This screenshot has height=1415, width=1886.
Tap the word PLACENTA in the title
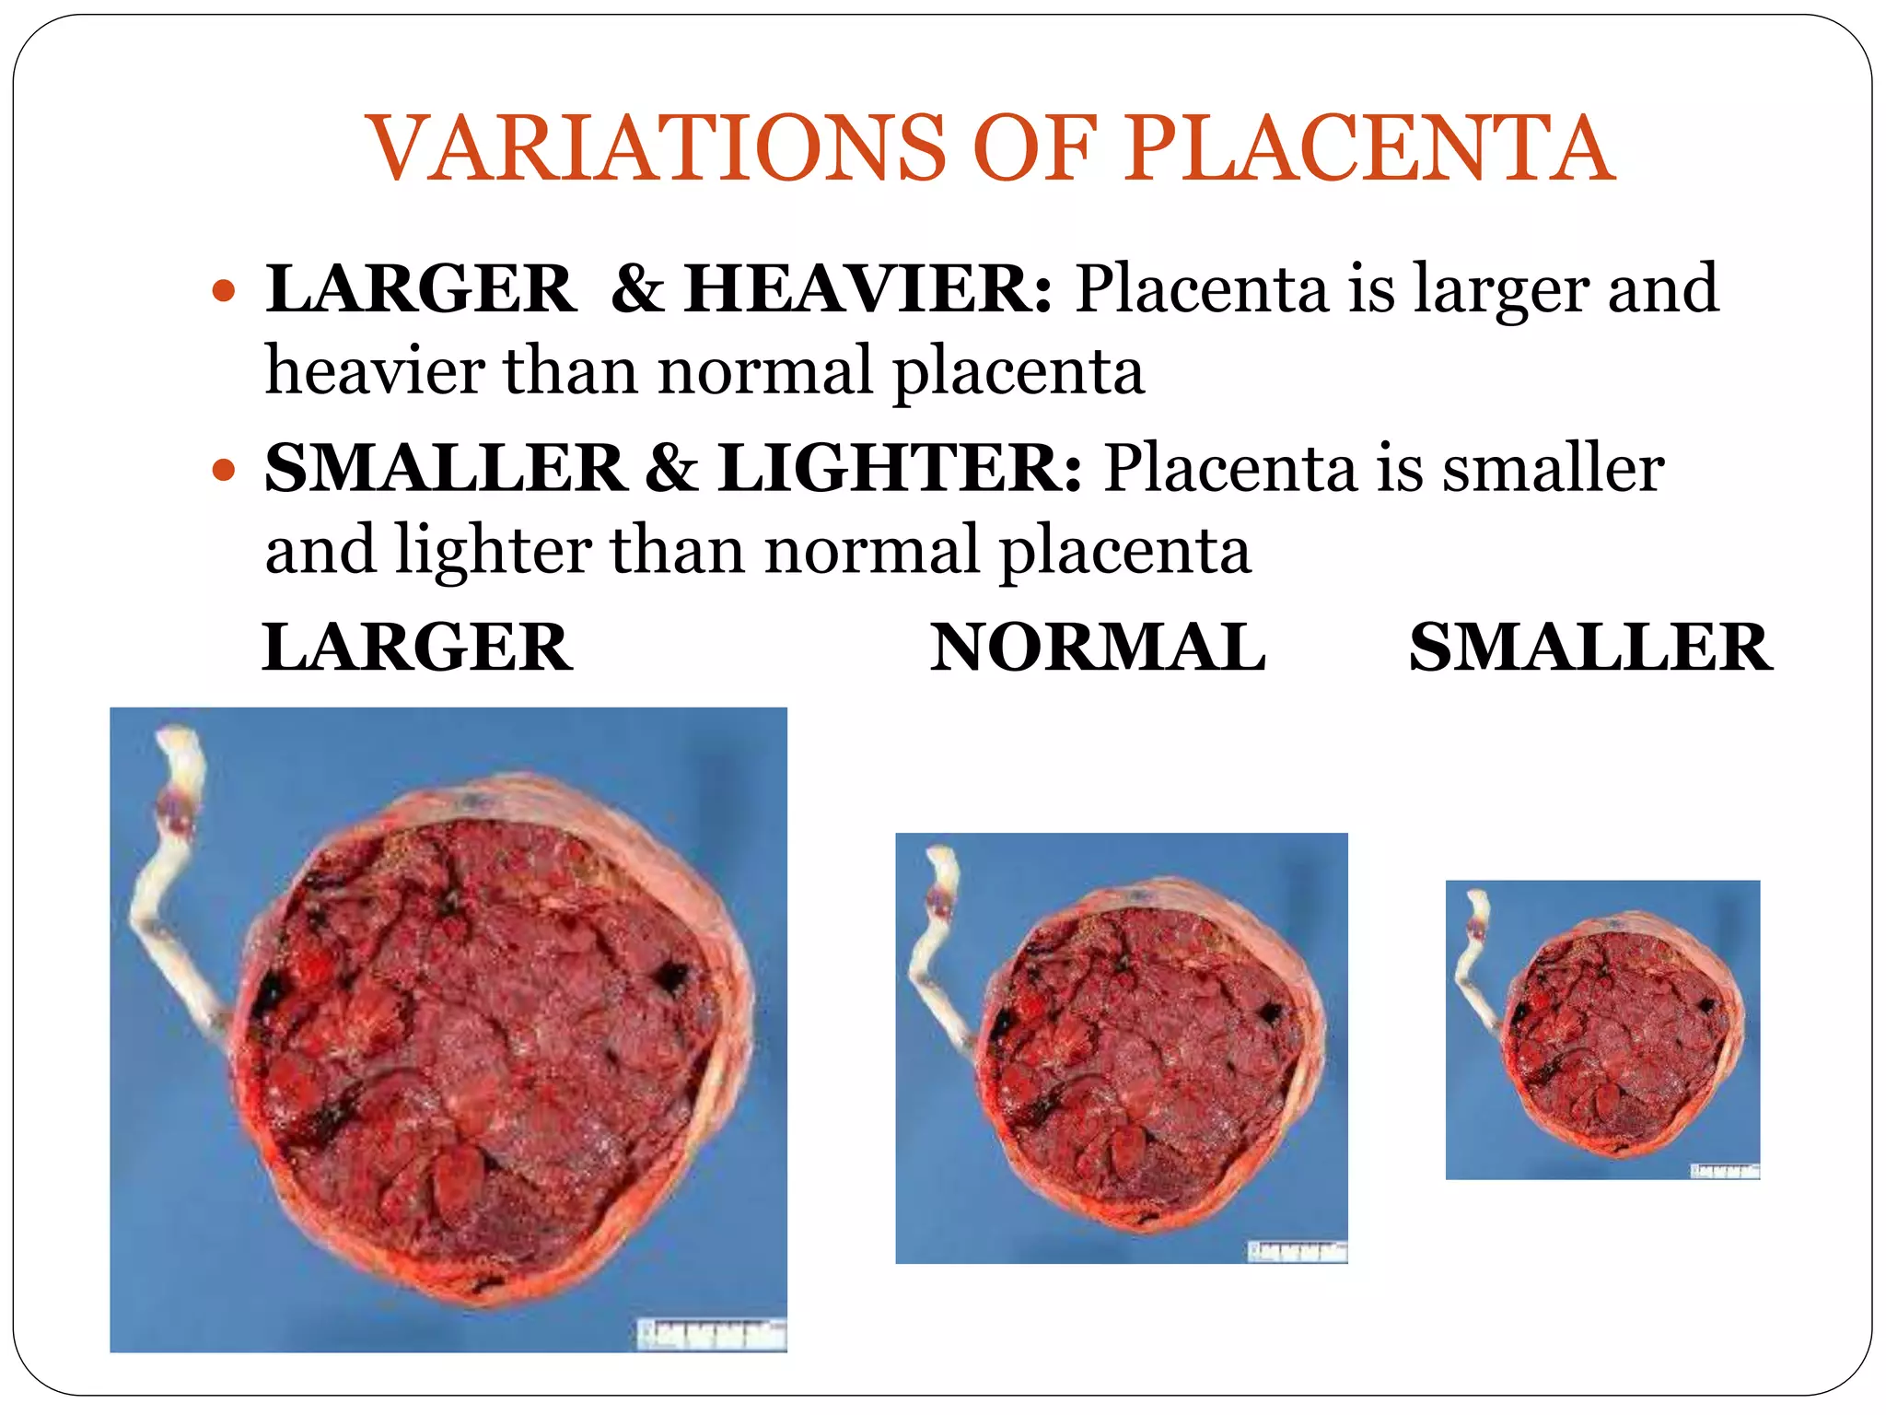1368,149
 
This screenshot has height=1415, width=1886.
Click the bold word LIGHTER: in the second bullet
900,468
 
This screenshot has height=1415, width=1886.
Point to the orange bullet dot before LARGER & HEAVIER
224,293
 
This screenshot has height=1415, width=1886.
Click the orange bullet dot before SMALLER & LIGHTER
224,472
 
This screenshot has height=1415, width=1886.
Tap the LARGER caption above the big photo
417,648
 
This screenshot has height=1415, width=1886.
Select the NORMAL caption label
1098,648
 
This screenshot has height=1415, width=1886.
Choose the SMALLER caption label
1590,648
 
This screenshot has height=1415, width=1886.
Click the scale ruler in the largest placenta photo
712,1334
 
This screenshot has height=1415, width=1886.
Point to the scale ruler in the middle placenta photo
1297,1251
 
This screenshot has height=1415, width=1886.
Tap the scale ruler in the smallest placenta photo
1724,1171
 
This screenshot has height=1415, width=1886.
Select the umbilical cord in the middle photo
932,949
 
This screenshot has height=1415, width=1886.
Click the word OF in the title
1035,149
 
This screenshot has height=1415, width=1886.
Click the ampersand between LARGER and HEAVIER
637,289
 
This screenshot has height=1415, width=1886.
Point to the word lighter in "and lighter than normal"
493,551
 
